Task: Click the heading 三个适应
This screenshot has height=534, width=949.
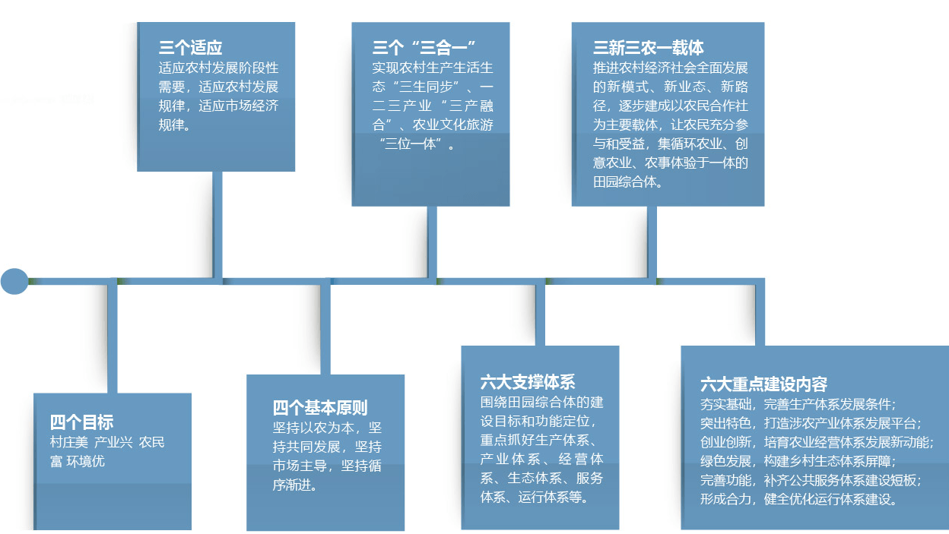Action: pyautogui.click(x=190, y=48)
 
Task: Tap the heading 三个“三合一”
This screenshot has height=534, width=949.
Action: pyautogui.click(x=424, y=48)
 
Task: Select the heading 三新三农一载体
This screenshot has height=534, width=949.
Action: pyautogui.click(x=648, y=48)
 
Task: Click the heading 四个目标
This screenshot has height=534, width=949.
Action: pyautogui.click(x=81, y=422)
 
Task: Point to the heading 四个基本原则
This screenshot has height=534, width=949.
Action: pyautogui.click(x=320, y=408)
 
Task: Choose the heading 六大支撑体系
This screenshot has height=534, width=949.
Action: pyautogui.click(x=528, y=381)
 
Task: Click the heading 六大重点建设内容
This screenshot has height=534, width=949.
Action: pyautogui.click(x=763, y=384)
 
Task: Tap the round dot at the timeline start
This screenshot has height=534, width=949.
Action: pyautogui.click(x=14, y=281)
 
